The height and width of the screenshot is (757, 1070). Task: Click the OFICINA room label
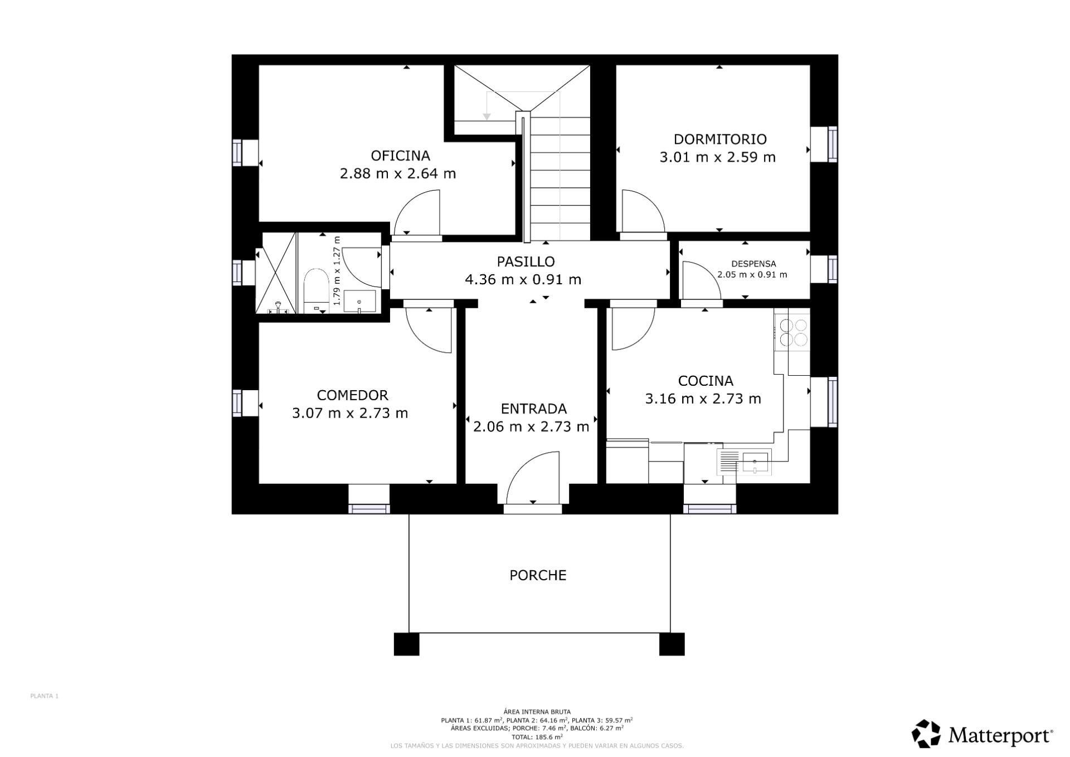pyautogui.click(x=400, y=156)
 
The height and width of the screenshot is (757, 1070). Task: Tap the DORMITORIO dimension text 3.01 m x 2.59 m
pyautogui.click(x=717, y=158)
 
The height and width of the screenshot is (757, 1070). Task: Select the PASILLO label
pyautogui.click(x=525, y=261)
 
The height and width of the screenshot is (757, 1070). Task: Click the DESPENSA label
pyautogui.click(x=753, y=264)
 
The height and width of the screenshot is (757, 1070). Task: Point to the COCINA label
pyautogui.click(x=705, y=381)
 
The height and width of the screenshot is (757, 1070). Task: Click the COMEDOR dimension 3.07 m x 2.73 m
pyautogui.click(x=350, y=414)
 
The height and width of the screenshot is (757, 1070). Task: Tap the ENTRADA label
pyautogui.click(x=533, y=409)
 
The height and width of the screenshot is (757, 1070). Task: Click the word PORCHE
pyautogui.click(x=537, y=575)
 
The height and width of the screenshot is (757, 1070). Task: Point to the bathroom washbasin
pyautogui.click(x=359, y=302)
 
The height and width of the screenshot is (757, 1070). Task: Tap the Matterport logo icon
pyautogui.click(x=926, y=734)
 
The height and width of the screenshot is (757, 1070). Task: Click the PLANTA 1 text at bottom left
pyautogui.click(x=44, y=696)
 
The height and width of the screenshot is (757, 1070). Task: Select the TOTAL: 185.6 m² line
pyautogui.click(x=536, y=736)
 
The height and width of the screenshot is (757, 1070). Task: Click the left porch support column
pyautogui.click(x=406, y=644)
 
